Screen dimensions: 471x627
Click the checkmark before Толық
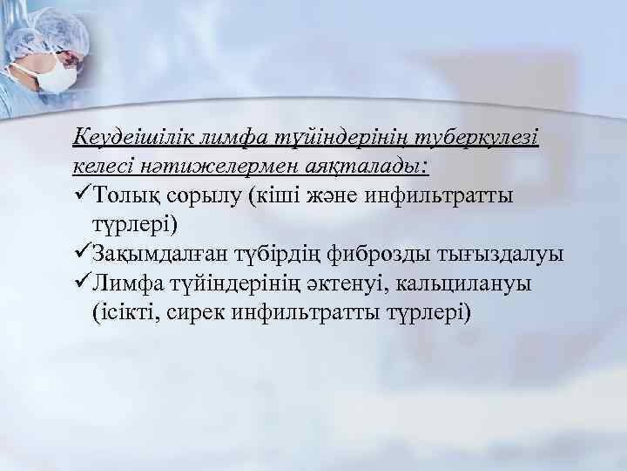pyautogui.click(x=83, y=195)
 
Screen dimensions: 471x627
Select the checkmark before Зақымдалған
pyautogui.click(x=83, y=254)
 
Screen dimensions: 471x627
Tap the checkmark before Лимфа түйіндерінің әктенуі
pyautogui.click(x=83, y=283)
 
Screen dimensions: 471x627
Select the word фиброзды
pyautogui.click(x=378, y=254)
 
